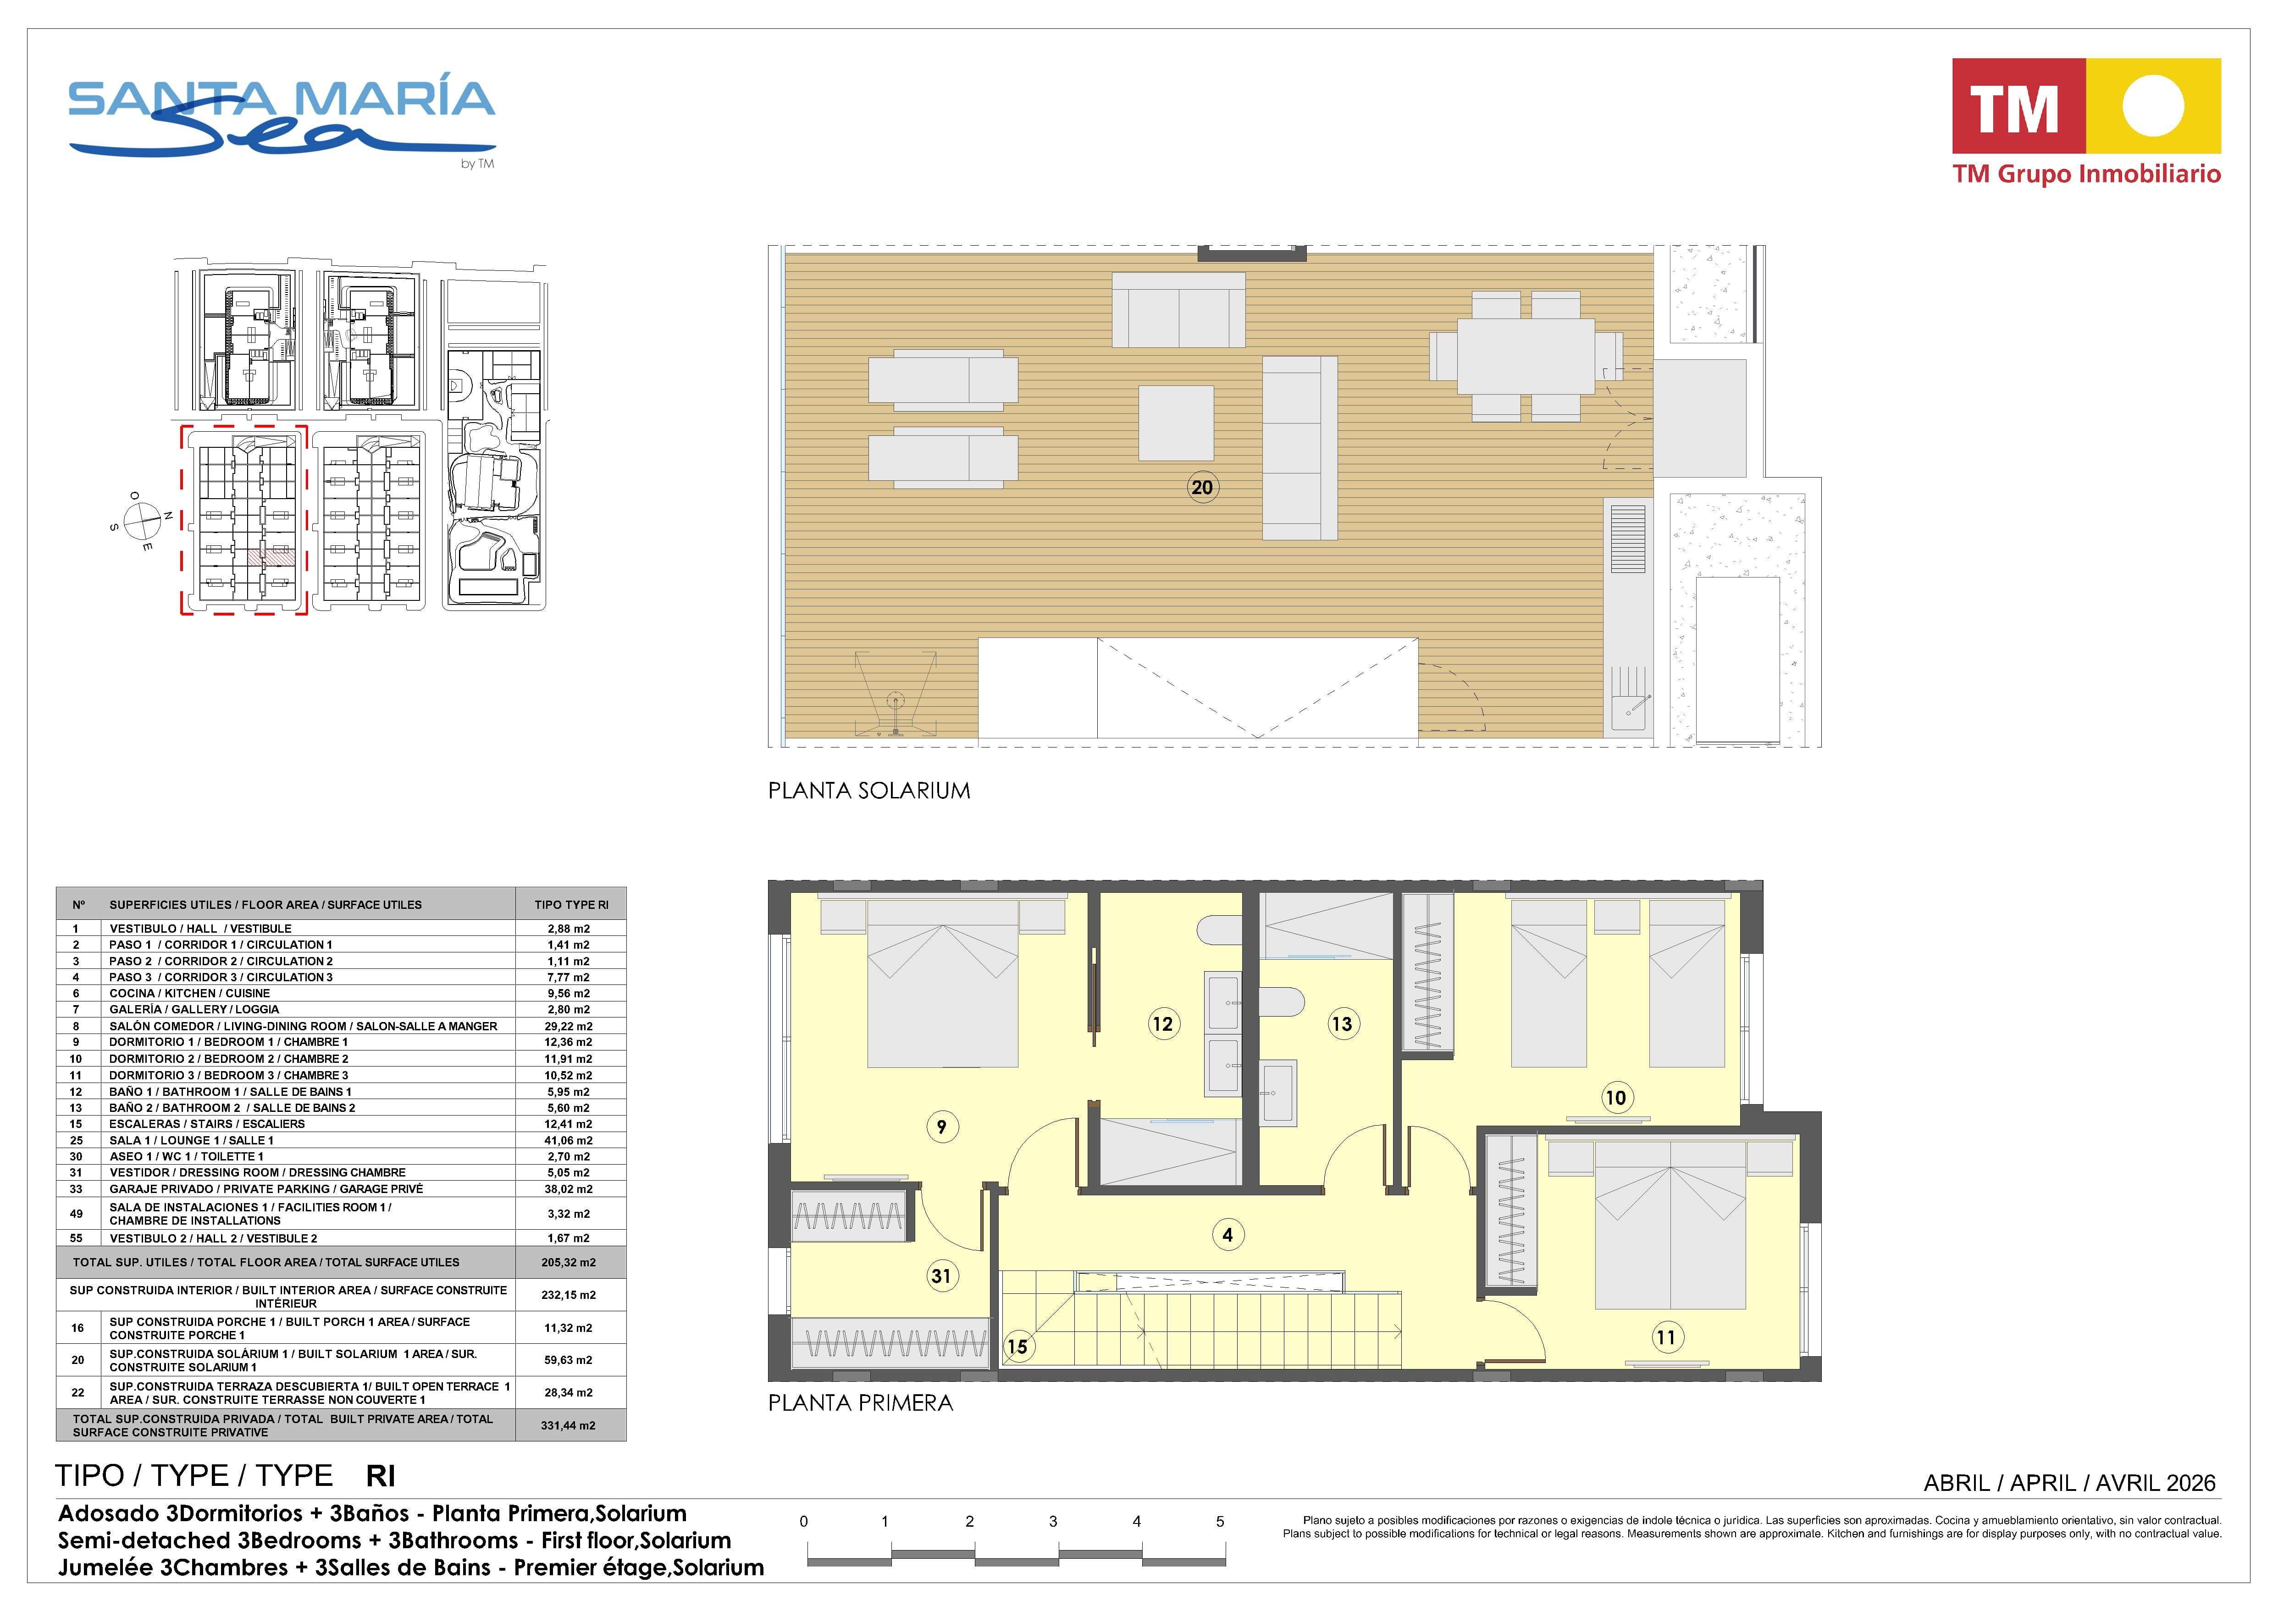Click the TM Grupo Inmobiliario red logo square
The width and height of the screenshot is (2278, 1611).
pyautogui.click(x=2019, y=106)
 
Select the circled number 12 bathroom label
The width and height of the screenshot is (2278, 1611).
pyautogui.click(x=1162, y=1024)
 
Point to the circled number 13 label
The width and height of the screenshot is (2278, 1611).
pyautogui.click(x=1341, y=1024)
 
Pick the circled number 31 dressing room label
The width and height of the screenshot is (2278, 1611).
pyautogui.click(x=940, y=1276)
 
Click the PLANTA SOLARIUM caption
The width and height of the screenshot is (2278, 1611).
pyautogui.click(x=869, y=791)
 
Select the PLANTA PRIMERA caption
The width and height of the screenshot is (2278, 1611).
pyautogui.click(x=860, y=1402)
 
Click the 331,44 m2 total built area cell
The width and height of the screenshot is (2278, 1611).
pyautogui.click(x=569, y=1425)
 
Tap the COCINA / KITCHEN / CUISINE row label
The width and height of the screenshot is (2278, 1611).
pyautogui.click(x=189, y=993)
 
